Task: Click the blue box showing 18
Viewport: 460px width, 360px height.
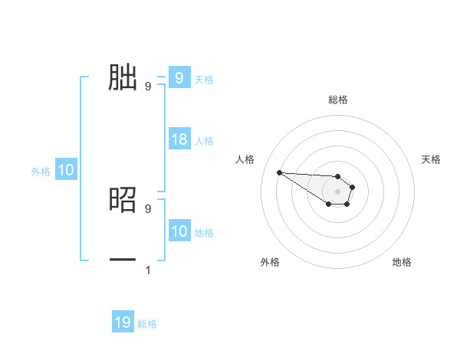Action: tap(179, 139)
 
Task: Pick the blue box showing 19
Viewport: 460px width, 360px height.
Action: tap(123, 322)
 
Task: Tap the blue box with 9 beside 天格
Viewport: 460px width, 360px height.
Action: tap(179, 77)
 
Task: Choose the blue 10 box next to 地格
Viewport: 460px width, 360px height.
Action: tap(179, 231)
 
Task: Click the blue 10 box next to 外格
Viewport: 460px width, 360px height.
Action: tap(65, 170)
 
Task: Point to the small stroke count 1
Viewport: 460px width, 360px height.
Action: tap(148, 270)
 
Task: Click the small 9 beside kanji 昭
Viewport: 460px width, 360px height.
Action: tap(148, 208)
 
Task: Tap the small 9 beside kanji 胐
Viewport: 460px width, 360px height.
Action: tap(148, 87)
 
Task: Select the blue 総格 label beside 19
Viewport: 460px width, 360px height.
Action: tap(147, 324)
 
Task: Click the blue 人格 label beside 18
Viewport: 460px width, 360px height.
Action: tap(204, 141)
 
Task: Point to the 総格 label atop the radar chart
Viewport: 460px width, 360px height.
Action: tap(338, 100)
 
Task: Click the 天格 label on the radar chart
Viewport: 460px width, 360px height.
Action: tap(431, 159)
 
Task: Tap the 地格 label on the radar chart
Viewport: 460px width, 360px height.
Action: tap(402, 263)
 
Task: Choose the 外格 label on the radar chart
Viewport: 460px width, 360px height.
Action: tap(270, 263)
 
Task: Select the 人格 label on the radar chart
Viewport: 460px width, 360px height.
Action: tap(245, 159)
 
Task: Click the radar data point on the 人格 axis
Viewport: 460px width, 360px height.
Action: tap(279, 172)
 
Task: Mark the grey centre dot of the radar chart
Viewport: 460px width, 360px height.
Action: tap(338, 191)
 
